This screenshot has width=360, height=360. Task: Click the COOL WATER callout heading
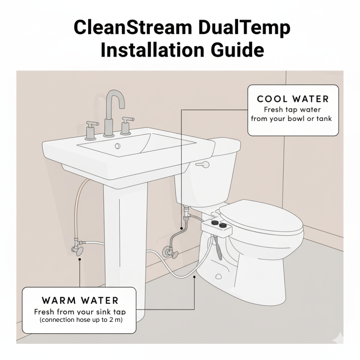click(x=293, y=99)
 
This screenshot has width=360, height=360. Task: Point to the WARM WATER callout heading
click(x=80, y=300)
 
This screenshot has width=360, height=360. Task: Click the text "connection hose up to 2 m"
click(x=81, y=320)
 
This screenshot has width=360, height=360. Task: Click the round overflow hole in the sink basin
click(x=117, y=146)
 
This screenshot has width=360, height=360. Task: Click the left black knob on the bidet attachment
click(x=214, y=225)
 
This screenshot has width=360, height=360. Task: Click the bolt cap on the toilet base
click(x=218, y=276)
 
